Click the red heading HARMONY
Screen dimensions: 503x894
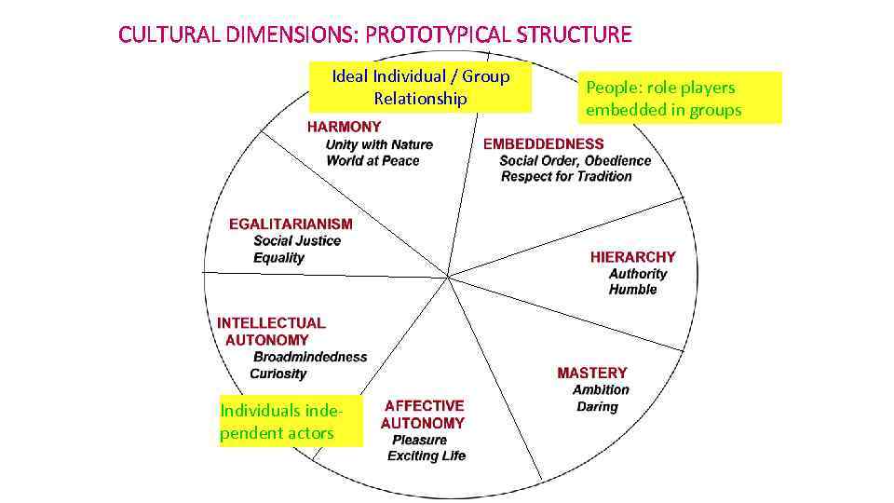tap(344, 127)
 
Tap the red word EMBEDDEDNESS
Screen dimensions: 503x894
tap(543, 144)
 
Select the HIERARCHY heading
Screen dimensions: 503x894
tap(632, 257)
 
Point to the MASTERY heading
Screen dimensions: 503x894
tap(592, 374)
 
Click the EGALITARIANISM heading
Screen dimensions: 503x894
tap(291, 224)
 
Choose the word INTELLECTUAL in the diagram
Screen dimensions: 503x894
tap(271, 323)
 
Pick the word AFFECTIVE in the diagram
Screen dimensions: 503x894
tap(424, 406)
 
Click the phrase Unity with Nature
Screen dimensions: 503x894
tap(379, 144)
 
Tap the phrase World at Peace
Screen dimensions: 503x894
tap(372, 161)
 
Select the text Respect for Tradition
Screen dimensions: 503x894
tap(566, 177)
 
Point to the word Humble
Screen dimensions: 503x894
tap(633, 290)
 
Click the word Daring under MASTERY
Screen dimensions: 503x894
tap(597, 407)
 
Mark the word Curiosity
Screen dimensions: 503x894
tap(278, 374)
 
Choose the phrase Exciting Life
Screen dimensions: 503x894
tap(427, 455)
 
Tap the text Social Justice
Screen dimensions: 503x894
tap(297, 241)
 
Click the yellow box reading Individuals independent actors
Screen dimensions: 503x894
tap(291, 422)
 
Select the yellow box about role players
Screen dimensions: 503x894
tap(680, 98)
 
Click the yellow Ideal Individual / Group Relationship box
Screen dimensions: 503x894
tap(421, 88)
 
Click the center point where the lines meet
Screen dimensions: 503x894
tap(449, 277)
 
